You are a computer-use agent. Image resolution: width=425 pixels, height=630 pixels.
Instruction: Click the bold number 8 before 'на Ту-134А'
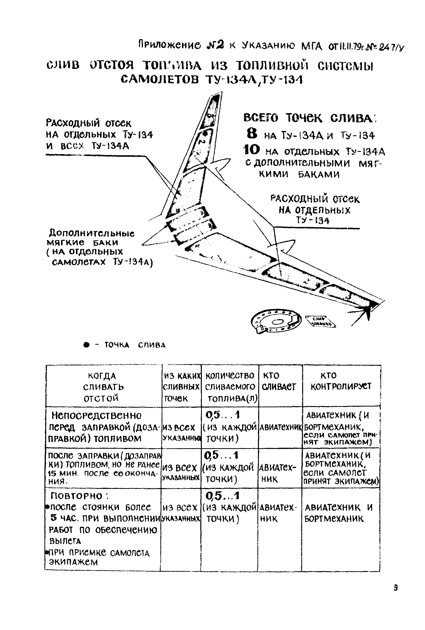pos(252,133)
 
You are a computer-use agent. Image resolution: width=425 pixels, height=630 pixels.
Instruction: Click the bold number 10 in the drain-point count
pos(251,150)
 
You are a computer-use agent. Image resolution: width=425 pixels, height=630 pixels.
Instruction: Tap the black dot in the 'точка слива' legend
pos(86,345)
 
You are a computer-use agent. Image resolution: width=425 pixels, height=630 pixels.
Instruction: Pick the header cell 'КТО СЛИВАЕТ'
pos(279,381)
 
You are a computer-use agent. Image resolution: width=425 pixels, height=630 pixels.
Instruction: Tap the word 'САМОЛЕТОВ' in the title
pos(160,79)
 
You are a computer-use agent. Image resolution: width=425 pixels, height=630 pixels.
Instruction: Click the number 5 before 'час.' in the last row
pos(54,518)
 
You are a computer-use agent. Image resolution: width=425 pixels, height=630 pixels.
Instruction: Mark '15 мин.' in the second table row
pos(63,473)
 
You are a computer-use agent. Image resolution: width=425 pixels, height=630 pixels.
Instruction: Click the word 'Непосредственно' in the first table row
pos(96,415)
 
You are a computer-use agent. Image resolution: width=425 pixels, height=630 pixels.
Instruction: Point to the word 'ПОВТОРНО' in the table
pos(77,496)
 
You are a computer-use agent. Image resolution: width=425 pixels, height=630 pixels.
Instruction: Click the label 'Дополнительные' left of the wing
pos(91,233)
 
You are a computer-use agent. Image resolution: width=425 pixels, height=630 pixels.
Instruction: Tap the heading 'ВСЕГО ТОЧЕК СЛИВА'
pos(308,118)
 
